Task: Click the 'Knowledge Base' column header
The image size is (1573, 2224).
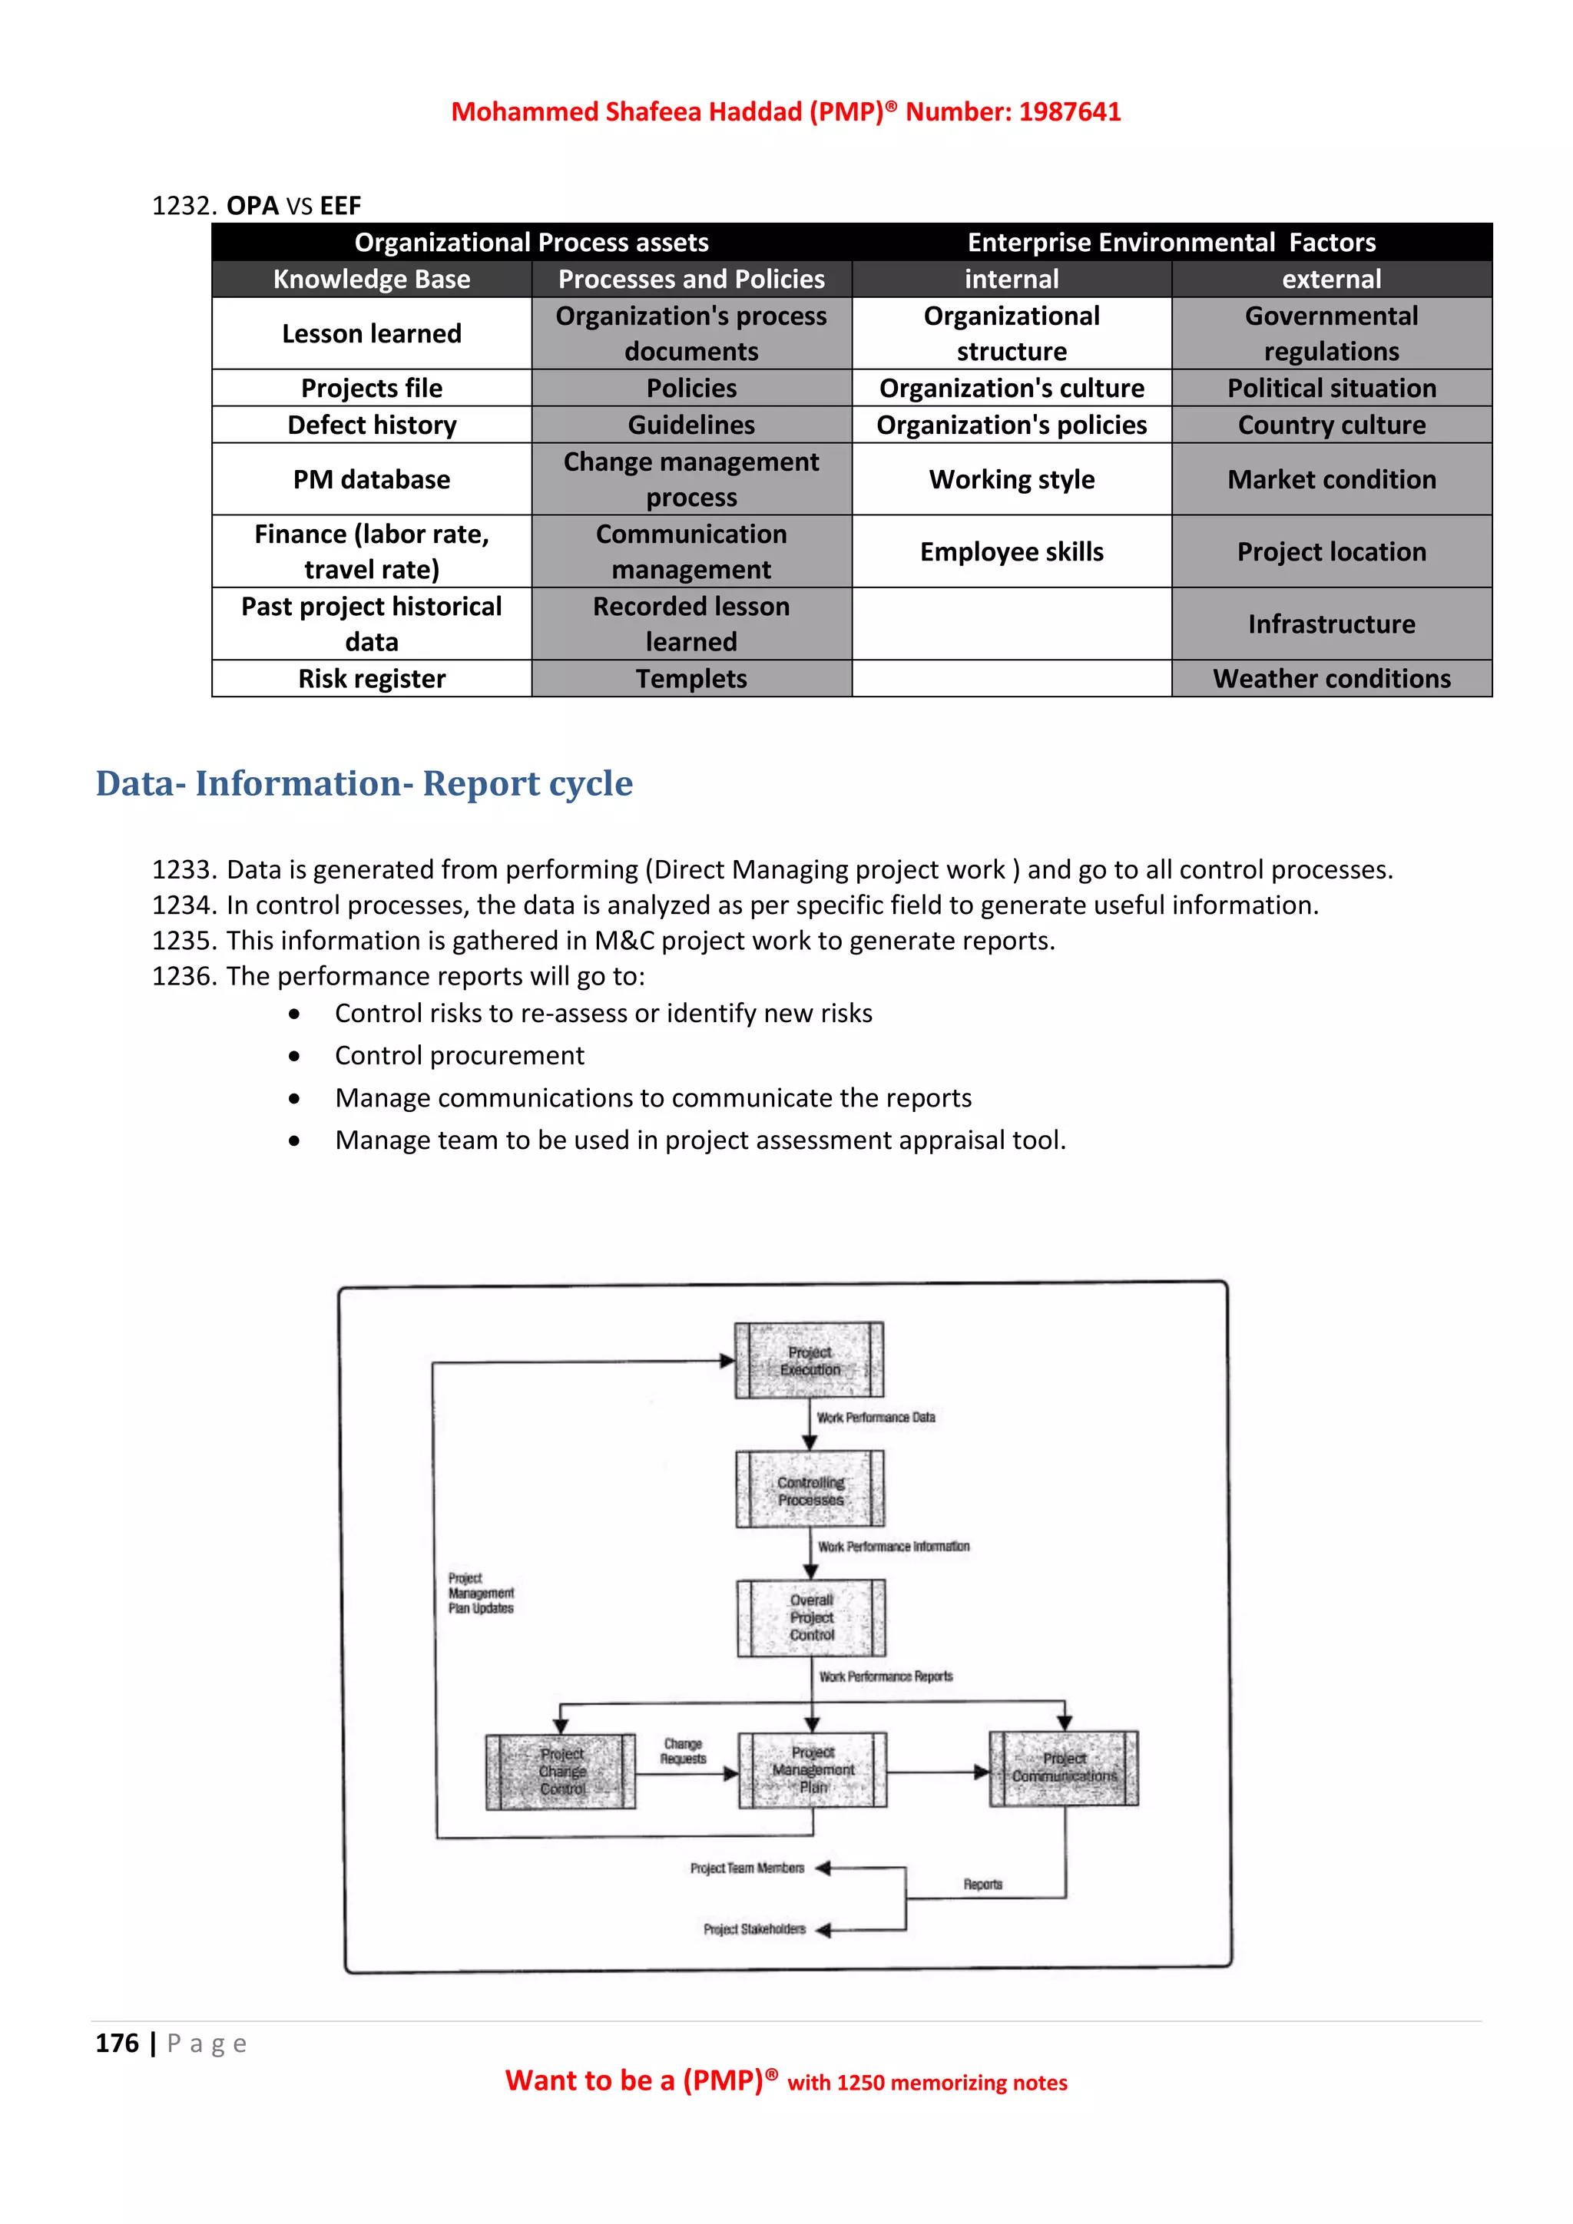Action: (x=371, y=279)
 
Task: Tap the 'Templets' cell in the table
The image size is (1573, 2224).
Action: (x=690, y=678)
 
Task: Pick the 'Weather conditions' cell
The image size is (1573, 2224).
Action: (x=1331, y=678)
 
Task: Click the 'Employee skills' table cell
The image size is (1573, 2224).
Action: (x=1012, y=551)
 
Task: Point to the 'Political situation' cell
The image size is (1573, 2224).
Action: (x=1331, y=388)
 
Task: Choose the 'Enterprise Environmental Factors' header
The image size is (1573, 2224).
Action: (x=1171, y=242)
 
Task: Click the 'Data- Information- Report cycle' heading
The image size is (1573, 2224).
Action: (x=364, y=783)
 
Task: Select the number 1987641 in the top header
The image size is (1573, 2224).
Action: (x=1069, y=111)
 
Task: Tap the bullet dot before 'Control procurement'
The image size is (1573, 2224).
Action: (x=293, y=1056)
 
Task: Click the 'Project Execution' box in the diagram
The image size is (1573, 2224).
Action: (x=809, y=1360)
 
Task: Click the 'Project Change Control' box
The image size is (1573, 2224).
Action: (x=561, y=1772)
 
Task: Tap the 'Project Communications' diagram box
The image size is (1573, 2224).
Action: (x=1064, y=1769)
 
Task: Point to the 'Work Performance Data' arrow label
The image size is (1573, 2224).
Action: (x=876, y=1417)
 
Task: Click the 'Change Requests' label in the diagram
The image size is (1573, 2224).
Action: (x=683, y=1751)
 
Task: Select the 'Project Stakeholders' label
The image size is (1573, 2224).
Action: (x=753, y=1930)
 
